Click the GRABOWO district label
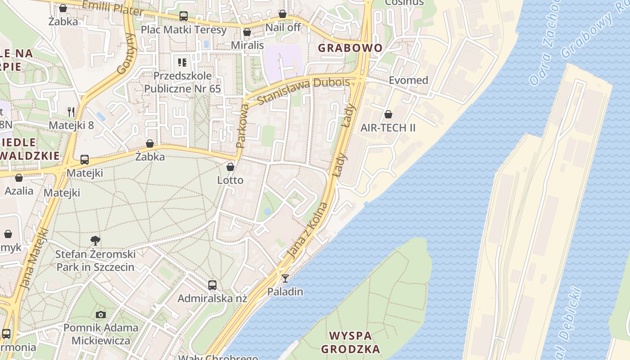[x=350, y=48]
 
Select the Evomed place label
[x=408, y=80]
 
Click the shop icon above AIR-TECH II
[x=388, y=115]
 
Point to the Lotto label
[x=230, y=180]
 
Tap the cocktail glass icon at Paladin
[x=285, y=278]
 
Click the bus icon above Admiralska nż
[x=212, y=285]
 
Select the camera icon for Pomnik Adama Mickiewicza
[x=101, y=315]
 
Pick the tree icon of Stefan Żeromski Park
[x=95, y=241]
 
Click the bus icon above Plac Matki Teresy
[x=183, y=16]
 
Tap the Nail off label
[x=283, y=27]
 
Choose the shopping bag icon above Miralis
[x=247, y=32]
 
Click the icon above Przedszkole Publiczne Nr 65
[x=182, y=62]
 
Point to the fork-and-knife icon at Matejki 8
[x=71, y=112]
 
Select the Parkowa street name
[x=242, y=126]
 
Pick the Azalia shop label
[x=19, y=190]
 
